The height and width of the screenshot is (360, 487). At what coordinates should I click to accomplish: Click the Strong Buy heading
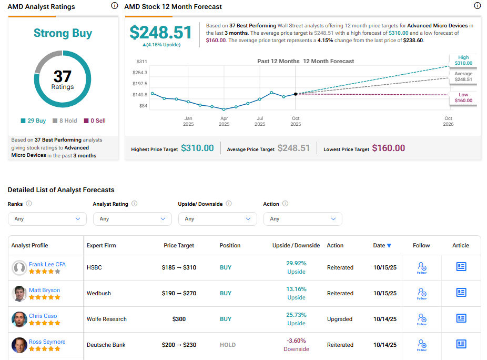coord(63,33)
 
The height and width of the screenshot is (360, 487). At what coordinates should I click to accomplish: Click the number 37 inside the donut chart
coord(63,76)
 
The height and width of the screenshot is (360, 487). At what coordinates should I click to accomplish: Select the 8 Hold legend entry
coord(65,121)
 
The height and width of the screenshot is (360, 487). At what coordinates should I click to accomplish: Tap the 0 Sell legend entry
coord(95,121)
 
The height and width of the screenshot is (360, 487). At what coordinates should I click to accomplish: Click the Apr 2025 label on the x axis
coord(224,121)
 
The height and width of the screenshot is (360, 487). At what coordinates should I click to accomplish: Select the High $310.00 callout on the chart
coord(463,60)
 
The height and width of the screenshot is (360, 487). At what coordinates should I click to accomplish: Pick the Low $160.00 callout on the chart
coord(463,97)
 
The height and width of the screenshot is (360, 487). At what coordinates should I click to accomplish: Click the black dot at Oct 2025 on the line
coord(296,94)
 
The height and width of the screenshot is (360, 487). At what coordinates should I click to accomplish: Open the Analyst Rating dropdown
coord(133,218)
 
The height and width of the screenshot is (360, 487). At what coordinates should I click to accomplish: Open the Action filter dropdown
coord(302,218)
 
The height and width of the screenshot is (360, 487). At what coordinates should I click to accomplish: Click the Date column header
coord(382,245)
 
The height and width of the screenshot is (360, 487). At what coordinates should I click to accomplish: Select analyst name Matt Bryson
coord(44,290)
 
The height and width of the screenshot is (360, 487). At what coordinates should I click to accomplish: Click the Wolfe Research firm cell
coord(107,319)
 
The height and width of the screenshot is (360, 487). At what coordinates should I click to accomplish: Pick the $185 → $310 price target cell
coord(179,267)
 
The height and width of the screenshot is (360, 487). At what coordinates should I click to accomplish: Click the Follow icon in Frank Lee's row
coord(421,267)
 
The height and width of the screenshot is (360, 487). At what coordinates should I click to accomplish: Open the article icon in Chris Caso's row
coord(461,318)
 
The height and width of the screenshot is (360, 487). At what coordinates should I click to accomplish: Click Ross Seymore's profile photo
coord(19,345)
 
